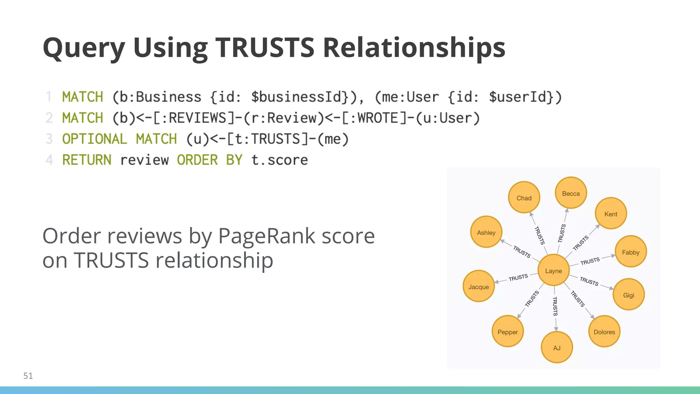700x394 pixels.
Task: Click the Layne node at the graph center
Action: coord(553,271)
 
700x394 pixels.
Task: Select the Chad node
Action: coord(524,198)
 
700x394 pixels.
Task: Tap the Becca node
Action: coord(571,193)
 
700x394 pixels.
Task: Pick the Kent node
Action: coord(611,214)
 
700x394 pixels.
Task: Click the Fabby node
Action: coord(631,252)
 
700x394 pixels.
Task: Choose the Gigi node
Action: coord(629,295)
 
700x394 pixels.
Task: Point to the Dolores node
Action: coord(604,332)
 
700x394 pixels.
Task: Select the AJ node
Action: coord(557,347)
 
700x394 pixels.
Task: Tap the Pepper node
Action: coord(508,332)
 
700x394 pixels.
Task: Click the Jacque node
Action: coord(479,287)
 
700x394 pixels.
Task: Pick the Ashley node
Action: coord(486,232)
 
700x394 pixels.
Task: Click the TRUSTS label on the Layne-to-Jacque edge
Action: coord(518,277)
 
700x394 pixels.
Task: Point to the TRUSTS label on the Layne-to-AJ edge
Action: coord(555,306)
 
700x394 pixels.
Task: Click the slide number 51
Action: coord(28,376)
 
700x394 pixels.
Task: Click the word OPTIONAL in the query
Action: coord(95,139)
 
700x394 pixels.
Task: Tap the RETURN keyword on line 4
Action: coord(87,160)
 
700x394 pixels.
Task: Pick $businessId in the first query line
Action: coord(296,97)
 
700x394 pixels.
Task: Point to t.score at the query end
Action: coord(280,160)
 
